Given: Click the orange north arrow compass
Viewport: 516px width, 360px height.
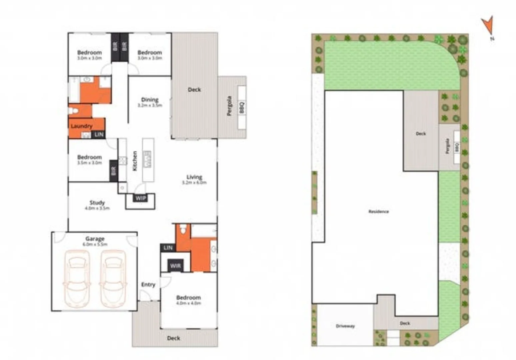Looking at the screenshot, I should coord(488,25).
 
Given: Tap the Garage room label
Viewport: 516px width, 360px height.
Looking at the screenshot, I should coord(95,239).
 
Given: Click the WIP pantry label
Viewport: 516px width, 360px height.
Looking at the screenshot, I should coord(140,198).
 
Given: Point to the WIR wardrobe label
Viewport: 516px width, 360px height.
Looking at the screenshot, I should coord(175,266).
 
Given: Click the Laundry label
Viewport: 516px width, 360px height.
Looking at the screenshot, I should coord(81,126).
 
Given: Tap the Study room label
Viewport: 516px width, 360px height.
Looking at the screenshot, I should coord(97,203).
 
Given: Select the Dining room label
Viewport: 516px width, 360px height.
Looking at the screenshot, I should coord(150,100).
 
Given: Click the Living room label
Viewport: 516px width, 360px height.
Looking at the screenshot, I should coord(194,177).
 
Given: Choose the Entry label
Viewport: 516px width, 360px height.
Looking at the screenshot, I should coord(148,285).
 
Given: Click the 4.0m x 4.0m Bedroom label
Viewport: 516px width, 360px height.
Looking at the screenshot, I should coord(188,298).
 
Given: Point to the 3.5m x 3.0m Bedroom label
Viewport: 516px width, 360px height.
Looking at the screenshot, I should coord(89,157).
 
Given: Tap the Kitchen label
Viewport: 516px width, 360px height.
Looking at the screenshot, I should coord(135,161).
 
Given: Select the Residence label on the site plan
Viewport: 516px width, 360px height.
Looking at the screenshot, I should coord(378,211).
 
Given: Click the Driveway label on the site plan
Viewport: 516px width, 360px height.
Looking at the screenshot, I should coord(345,326).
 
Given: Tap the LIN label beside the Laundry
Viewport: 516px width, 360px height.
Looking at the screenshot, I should coord(99,134).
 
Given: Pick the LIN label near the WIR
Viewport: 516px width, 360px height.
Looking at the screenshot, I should coord(168,248).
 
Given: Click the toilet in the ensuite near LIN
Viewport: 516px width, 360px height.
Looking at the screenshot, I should coord(183,229).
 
